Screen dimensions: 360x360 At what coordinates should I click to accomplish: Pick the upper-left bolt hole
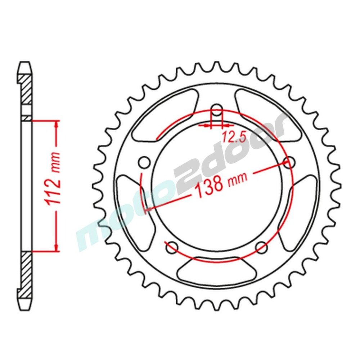pyautogui.click(x=145, y=162)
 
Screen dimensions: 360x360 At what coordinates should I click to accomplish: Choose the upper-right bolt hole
pyautogui.click(x=289, y=162)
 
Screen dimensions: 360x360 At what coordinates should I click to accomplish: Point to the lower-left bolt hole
pyautogui.click(x=172, y=247)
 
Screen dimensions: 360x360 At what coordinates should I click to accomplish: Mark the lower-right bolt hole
pyautogui.click(x=261, y=247)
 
